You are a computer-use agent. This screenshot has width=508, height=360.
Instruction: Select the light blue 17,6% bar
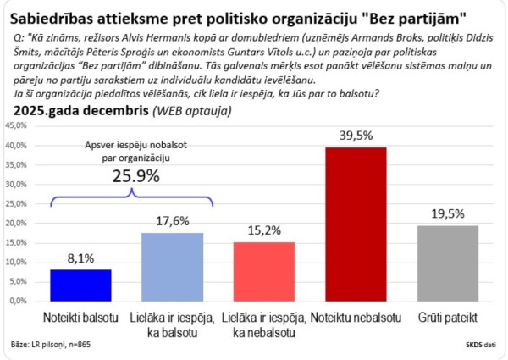172,266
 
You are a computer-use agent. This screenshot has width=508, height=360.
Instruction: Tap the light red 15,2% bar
263,270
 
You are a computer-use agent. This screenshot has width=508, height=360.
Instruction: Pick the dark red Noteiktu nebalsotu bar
356,224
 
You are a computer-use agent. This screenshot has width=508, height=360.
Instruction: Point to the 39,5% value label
356,136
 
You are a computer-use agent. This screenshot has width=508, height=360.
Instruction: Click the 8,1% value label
80,258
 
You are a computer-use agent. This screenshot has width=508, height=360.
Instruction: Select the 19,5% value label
447,214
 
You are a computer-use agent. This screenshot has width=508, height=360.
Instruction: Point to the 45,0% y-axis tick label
17,125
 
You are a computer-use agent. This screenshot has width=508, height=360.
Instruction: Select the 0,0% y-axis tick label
19,301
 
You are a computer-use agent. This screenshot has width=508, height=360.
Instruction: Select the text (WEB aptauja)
195,111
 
